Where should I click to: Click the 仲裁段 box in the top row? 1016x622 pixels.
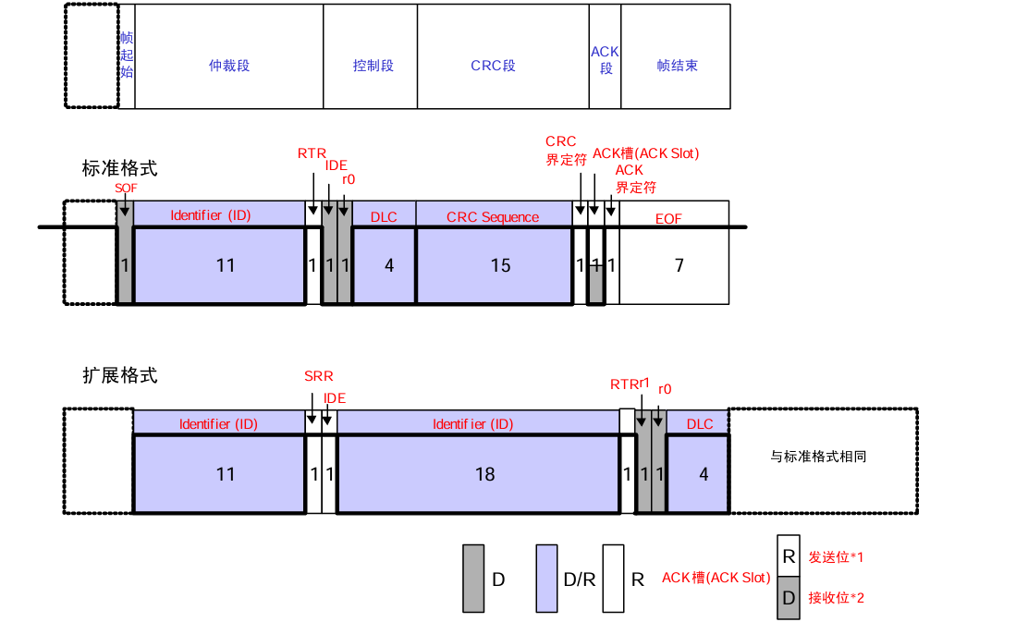229,66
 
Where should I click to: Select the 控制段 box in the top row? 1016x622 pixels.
373,66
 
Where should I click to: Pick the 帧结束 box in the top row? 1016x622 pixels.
677,66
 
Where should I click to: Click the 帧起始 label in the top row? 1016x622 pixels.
127,55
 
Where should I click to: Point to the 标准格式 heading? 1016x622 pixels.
119,168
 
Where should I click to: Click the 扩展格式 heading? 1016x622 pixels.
119,375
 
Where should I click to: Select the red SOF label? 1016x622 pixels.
126,188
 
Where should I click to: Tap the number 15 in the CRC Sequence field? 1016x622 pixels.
500,266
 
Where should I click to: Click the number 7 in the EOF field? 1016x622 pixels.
679,266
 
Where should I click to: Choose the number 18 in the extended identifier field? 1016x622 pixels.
484,474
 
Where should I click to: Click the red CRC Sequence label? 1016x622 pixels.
492,217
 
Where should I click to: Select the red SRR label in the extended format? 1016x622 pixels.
318,376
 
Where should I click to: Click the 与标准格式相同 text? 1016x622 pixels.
817,456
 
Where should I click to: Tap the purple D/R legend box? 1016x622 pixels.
547,579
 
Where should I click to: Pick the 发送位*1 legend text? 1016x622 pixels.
836,556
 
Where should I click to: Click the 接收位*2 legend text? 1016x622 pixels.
836,597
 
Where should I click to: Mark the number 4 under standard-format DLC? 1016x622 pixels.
389,266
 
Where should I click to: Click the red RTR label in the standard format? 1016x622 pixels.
312,152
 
